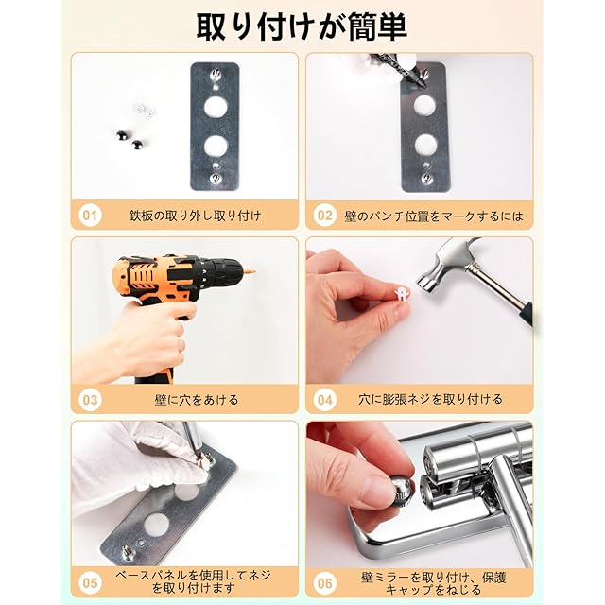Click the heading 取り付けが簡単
tap(302, 26)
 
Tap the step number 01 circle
tap(90, 215)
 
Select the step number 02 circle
tap(325, 215)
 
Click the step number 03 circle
tap(90, 400)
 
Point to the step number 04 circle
tap(325, 400)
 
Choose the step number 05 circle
tap(90, 582)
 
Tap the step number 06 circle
tap(325, 582)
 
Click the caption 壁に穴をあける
tap(196, 400)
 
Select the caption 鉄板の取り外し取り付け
tap(196, 216)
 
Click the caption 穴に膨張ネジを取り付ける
tap(430, 399)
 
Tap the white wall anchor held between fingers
tap(402, 293)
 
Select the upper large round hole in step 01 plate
tap(216, 107)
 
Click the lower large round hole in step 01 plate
tap(216, 146)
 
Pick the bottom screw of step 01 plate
tap(216, 178)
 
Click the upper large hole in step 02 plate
tap(425, 105)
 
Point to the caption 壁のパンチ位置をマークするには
tap(434, 216)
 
